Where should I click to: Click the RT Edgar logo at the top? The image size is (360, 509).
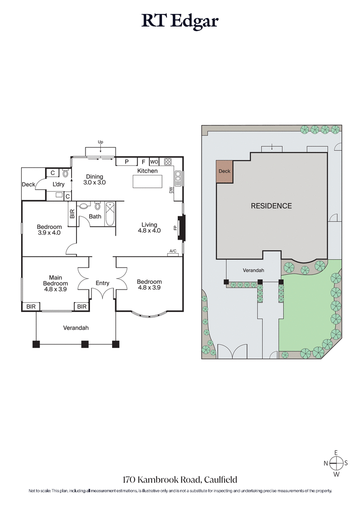(180, 21)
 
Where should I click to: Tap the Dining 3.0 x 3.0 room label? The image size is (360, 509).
(94, 179)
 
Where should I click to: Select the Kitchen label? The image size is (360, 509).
(148, 171)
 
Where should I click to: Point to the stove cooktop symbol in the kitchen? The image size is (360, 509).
(168, 162)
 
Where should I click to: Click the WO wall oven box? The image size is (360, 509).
(154, 162)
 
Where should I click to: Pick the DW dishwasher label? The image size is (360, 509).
(171, 190)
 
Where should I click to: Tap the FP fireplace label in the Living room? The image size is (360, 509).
(175, 228)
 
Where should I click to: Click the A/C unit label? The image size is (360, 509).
(173, 251)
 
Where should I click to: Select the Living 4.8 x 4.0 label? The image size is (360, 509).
(149, 228)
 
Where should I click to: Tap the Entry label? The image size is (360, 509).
(103, 283)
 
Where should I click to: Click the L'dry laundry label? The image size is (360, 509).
(58, 185)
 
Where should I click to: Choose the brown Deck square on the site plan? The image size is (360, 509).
(224, 171)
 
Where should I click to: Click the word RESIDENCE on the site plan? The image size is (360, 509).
(271, 206)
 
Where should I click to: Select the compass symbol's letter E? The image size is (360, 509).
(335, 453)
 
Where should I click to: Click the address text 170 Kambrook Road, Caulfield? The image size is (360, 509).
(180, 480)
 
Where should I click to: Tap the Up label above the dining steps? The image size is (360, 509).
(100, 142)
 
